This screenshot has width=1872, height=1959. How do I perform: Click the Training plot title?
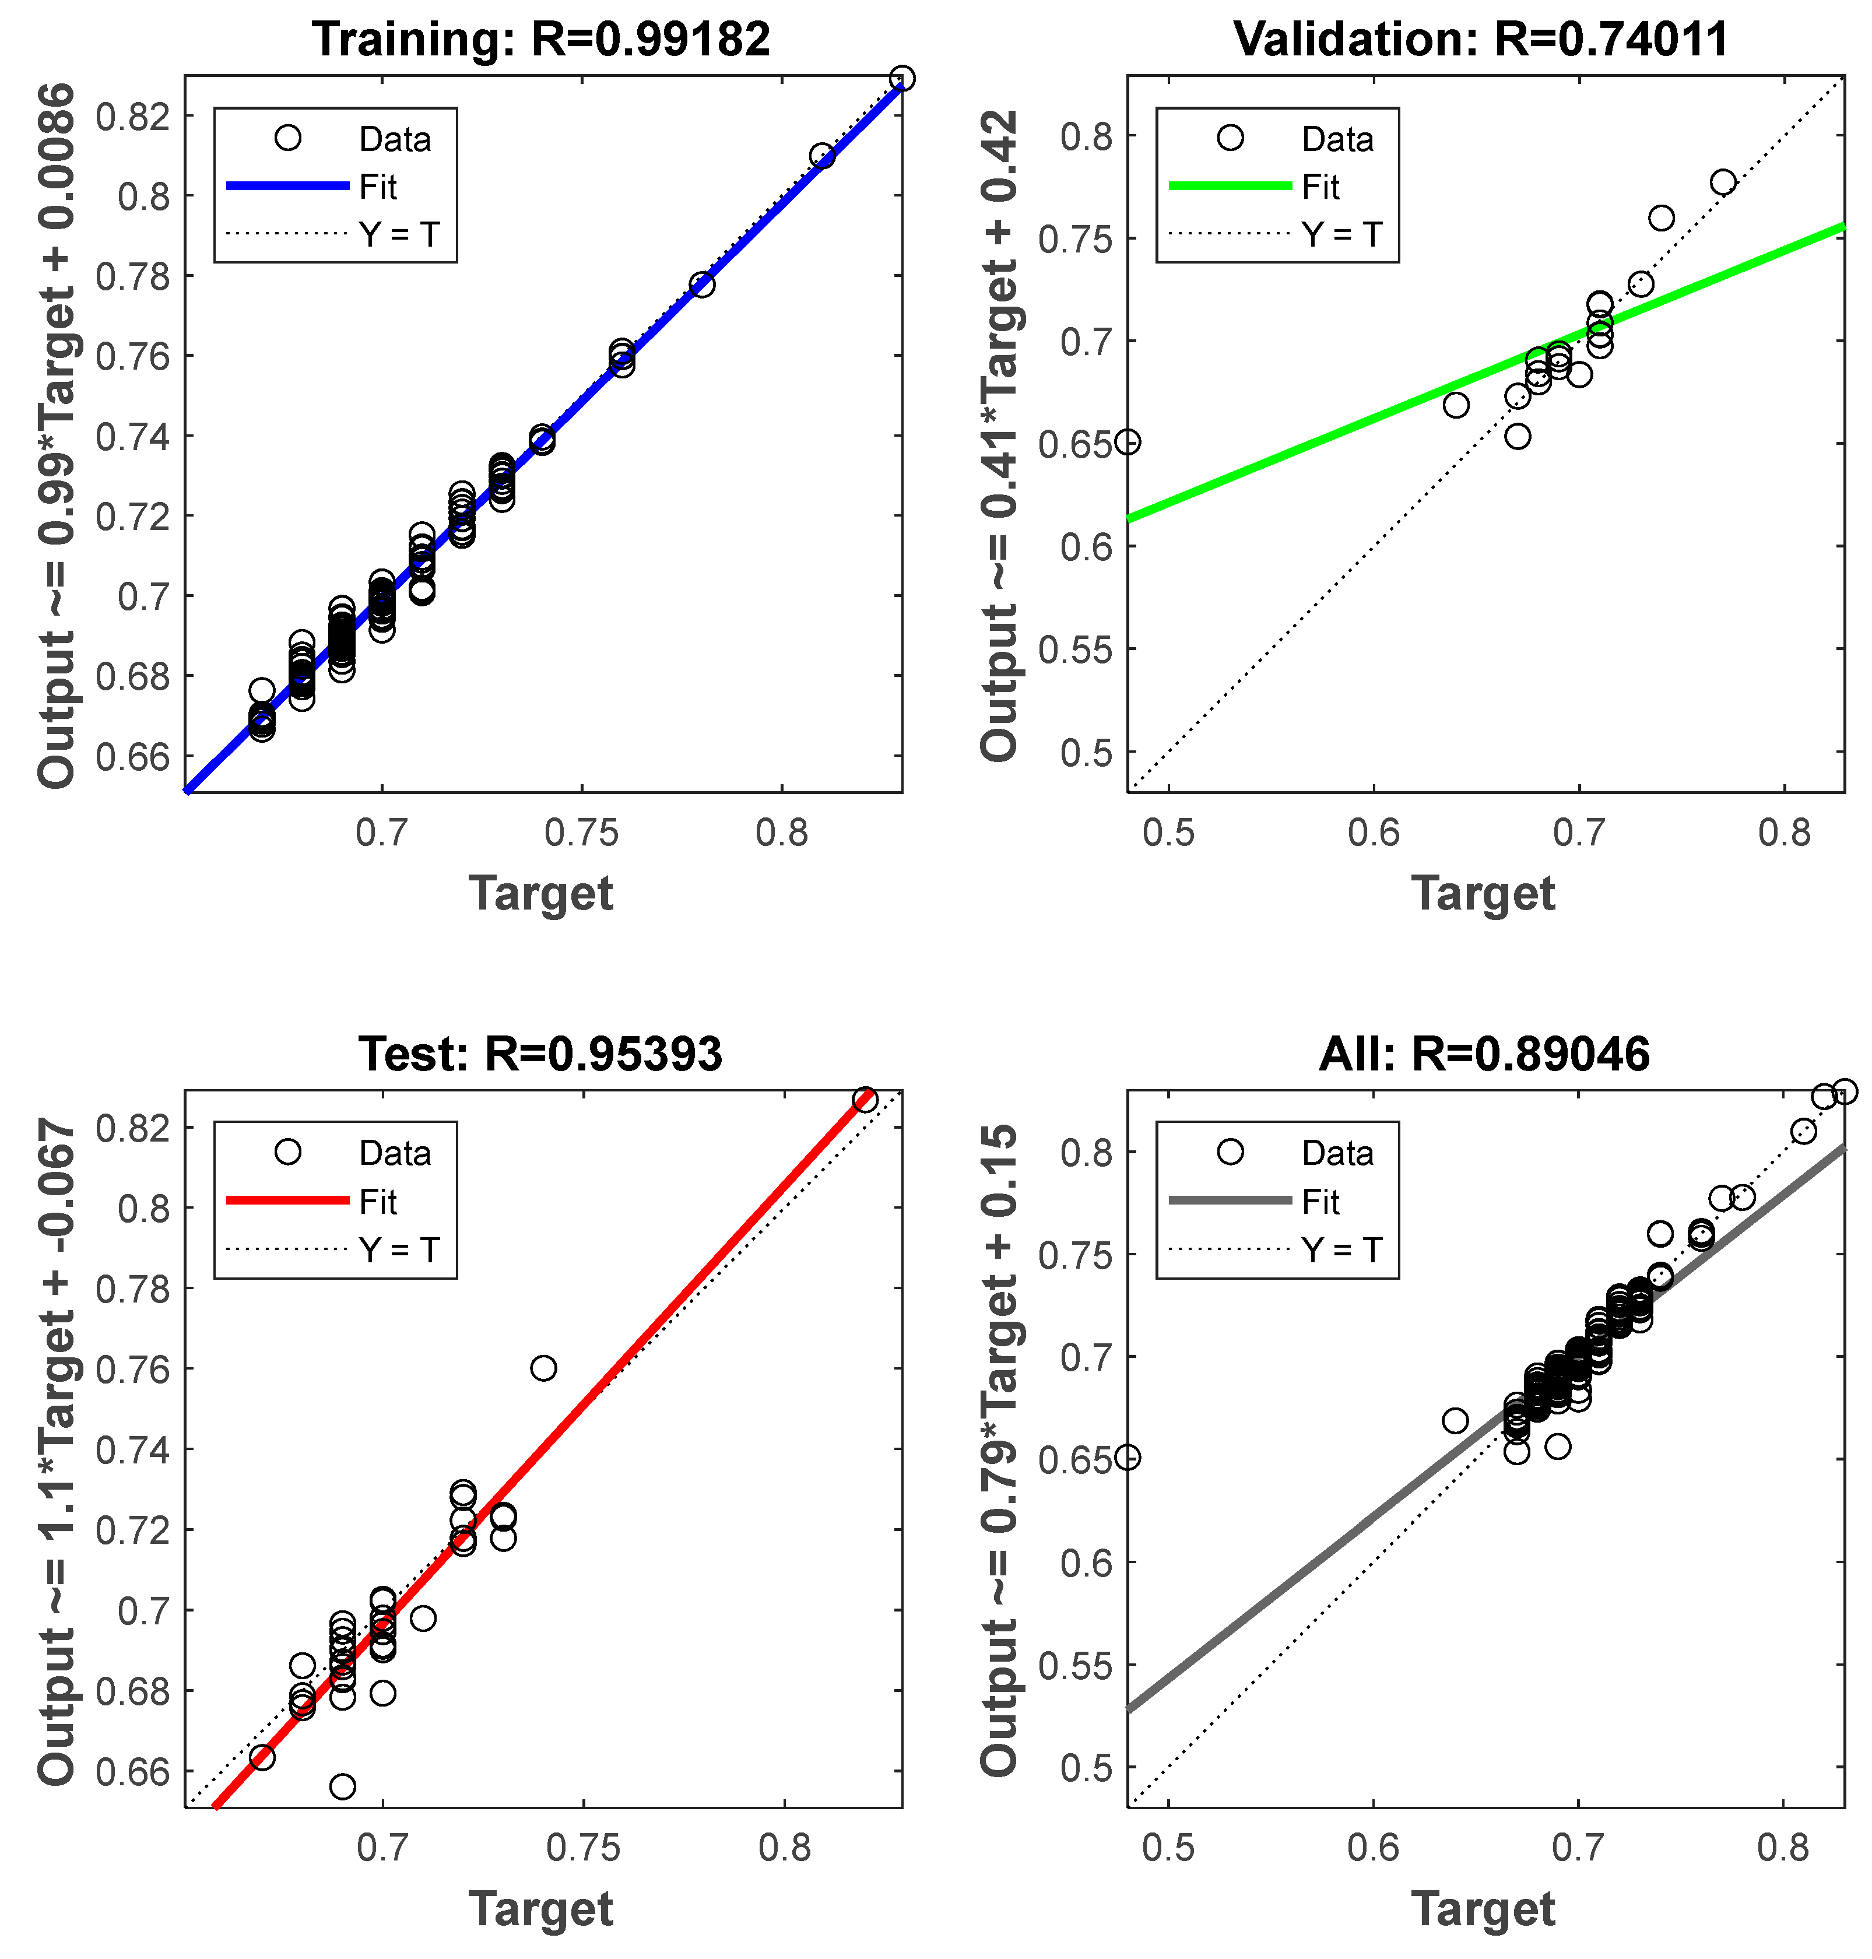tap(541, 40)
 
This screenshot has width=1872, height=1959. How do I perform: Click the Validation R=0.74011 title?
tap(1481, 40)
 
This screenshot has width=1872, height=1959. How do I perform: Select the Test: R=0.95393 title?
tap(541, 1054)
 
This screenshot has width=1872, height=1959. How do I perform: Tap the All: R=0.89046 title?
tap(1484, 1054)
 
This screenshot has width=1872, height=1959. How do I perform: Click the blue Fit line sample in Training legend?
tap(287, 185)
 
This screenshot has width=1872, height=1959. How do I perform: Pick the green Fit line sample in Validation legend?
tap(1230, 185)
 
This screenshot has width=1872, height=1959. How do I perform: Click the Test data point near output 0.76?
tap(543, 1368)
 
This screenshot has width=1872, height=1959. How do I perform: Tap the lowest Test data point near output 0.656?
tap(342, 1786)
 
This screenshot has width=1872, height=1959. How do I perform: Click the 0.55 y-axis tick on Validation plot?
tap(1074, 650)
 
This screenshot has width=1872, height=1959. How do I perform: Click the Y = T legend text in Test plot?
tap(399, 1249)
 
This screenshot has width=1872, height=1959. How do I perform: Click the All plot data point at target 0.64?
tap(1455, 1421)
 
